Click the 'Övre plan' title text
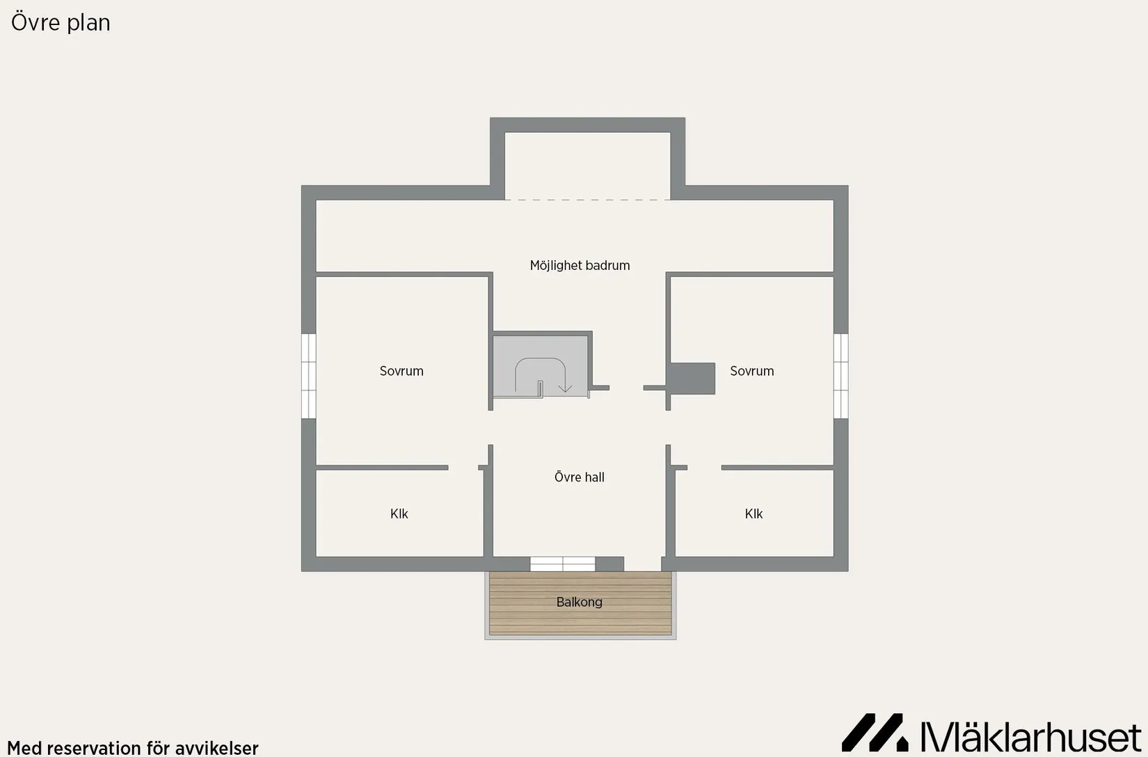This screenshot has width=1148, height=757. click(61, 22)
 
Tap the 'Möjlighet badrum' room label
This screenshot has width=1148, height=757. click(580, 266)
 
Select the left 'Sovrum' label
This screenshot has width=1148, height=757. click(401, 371)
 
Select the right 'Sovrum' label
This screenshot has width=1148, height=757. click(752, 371)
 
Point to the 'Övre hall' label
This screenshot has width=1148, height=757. click(579, 477)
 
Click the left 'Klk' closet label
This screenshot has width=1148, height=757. click(399, 513)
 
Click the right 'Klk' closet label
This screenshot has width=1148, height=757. click(754, 513)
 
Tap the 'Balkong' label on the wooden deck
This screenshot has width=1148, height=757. click(579, 602)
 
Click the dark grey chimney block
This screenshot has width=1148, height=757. click(692, 378)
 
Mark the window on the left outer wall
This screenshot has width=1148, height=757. click(308, 376)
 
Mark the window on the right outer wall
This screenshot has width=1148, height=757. click(840, 376)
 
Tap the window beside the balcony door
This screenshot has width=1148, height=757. click(563, 564)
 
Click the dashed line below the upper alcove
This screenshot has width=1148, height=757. click(587, 200)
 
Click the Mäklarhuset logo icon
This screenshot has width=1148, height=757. click(875, 732)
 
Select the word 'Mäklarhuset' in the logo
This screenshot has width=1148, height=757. click(1030, 735)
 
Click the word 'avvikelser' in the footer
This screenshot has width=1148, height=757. click(217, 748)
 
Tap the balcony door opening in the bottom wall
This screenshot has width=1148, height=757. click(643, 564)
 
